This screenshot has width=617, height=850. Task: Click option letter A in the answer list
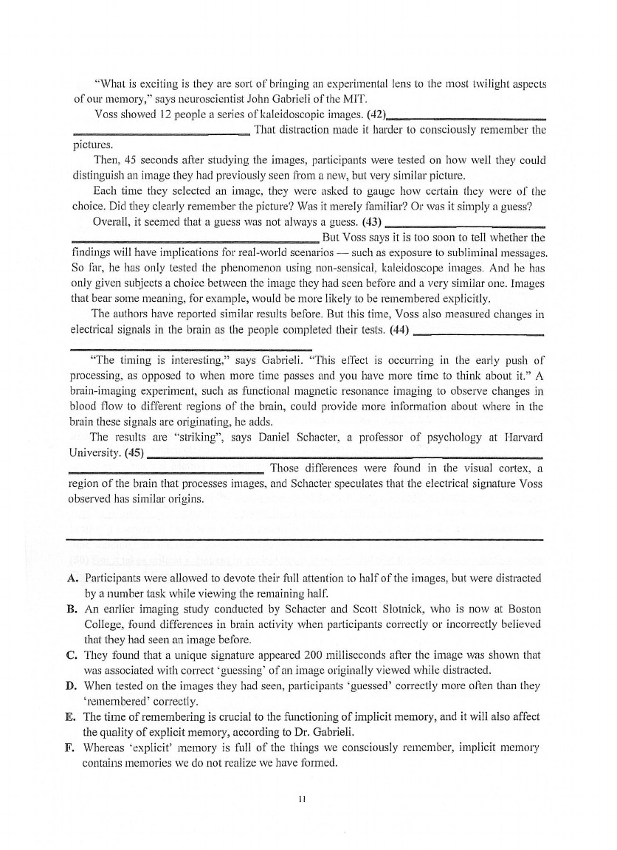(x=72, y=577)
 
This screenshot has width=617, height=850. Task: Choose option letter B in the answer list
(x=72, y=609)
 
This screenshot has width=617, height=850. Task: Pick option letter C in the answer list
(x=72, y=654)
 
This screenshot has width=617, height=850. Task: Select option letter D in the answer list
(x=72, y=686)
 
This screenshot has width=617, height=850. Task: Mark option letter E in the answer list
(x=72, y=717)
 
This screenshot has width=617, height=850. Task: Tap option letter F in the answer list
(x=72, y=748)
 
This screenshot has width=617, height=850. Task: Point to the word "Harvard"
(x=523, y=438)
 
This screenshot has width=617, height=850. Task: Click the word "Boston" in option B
(x=525, y=609)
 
